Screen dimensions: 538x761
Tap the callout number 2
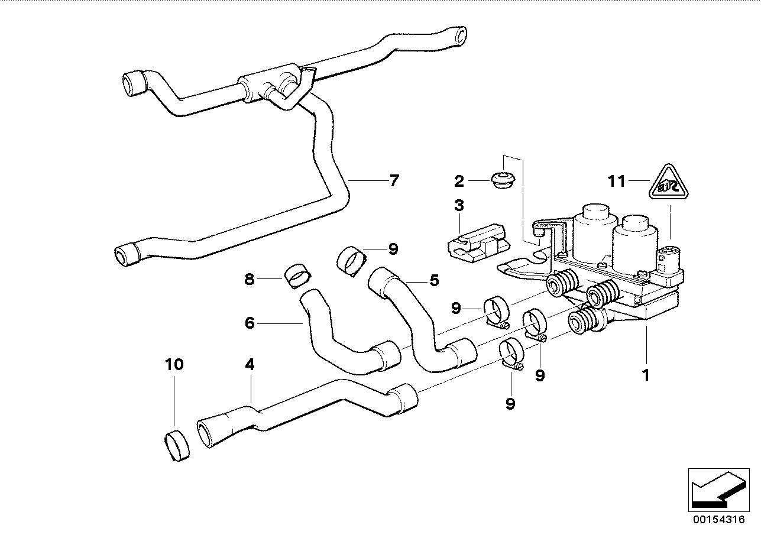coord(459,180)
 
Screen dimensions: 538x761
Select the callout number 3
coord(459,206)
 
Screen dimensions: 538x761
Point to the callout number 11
coord(617,180)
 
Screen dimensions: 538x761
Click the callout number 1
coord(646,374)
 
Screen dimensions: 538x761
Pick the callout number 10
coord(174,364)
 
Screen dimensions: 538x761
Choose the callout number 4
coord(250,365)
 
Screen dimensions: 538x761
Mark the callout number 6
coord(250,323)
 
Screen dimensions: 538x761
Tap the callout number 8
coord(250,278)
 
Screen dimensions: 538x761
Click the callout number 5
coord(434,280)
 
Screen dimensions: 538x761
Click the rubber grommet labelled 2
coord(504,179)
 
